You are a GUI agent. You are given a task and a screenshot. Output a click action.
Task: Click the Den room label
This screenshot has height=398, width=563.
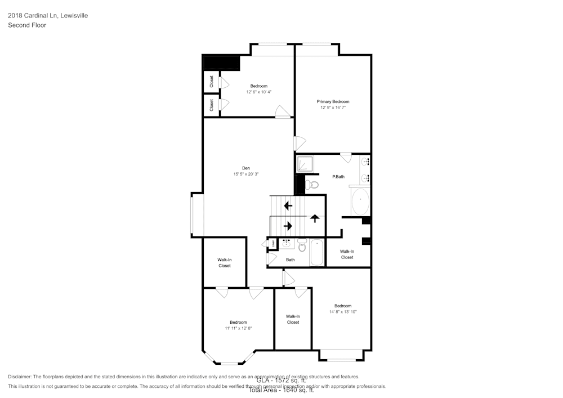click(245, 168)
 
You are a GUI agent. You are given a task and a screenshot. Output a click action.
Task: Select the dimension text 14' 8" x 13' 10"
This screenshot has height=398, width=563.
click(343, 312)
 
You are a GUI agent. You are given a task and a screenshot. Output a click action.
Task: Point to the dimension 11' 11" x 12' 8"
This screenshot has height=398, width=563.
click(238, 328)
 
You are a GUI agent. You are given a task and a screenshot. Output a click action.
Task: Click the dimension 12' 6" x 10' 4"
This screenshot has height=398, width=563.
click(259, 92)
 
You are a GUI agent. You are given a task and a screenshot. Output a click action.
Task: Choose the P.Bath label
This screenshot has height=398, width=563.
click(338, 177)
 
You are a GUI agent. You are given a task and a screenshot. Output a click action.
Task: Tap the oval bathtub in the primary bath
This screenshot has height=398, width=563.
click(360, 201)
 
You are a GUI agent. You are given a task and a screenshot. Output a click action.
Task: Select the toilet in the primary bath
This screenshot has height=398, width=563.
click(312, 184)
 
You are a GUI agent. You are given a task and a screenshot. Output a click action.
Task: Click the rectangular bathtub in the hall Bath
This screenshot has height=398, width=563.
click(317, 253)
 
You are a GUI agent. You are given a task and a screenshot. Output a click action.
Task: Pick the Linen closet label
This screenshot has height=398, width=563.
click(274, 244)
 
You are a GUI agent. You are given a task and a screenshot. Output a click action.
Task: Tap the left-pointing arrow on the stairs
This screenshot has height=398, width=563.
click(288, 205)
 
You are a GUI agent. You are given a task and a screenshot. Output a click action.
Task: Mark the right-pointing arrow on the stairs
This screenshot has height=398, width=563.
click(288, 226)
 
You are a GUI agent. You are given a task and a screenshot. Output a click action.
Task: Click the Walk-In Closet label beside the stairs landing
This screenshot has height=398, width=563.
click(347, 254)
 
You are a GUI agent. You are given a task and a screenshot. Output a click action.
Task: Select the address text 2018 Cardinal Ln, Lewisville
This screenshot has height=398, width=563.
click(48, 16)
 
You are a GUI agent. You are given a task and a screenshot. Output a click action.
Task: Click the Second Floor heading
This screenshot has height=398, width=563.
click(27, 25)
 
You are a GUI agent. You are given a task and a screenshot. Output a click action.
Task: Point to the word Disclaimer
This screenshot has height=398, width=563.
click(20, 377)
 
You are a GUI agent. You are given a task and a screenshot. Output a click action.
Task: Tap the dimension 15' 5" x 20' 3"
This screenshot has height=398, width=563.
click(245, 174)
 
